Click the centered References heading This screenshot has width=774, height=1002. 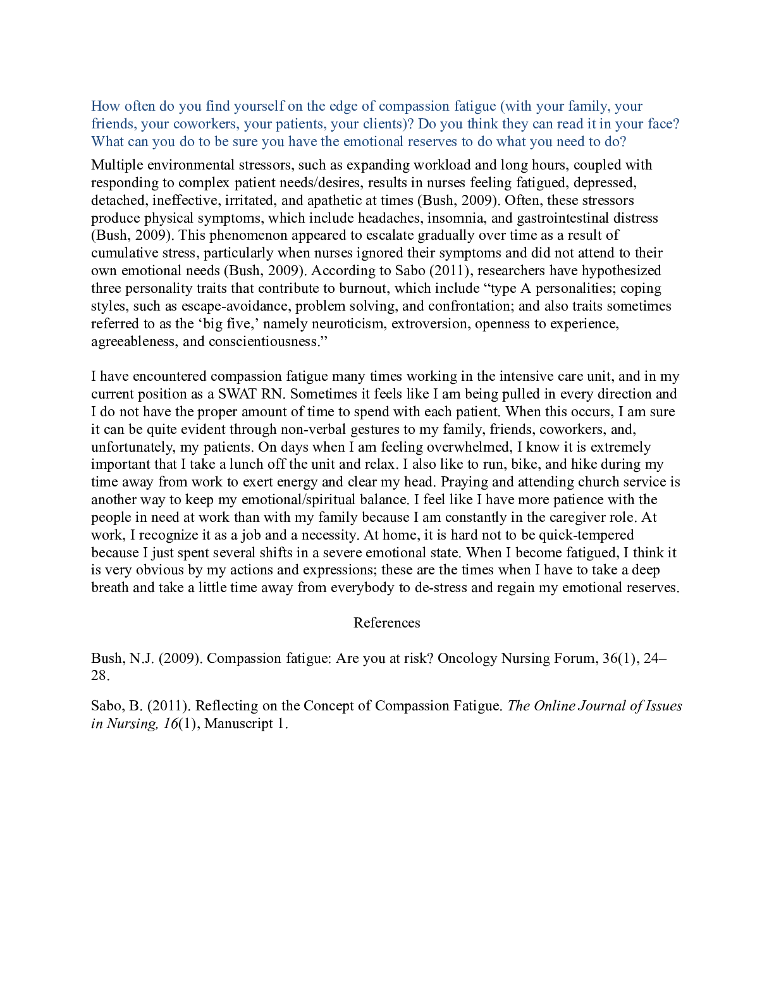tap(386, 623)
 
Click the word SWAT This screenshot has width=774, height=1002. tap(238, 394)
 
